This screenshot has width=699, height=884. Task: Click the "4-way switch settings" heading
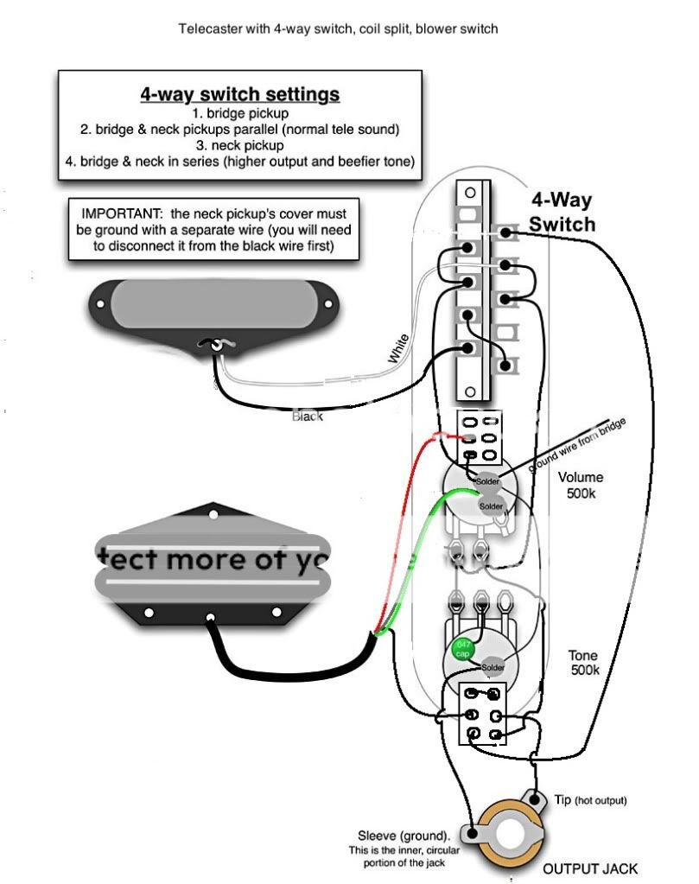[x=240, y=93]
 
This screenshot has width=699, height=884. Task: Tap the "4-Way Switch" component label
[x=562, y=213]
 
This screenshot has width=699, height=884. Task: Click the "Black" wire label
[x=308, y=417]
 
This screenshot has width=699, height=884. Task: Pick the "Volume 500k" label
[x=581, y=485]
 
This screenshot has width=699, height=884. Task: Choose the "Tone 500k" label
[x=583, y=663]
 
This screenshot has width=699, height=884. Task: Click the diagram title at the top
[x=338, y=29]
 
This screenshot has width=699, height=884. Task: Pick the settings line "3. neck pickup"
[x=240, y=146]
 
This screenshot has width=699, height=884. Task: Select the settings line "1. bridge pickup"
[x=240, y=113]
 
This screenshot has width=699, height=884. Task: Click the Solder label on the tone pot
[x=493, y=667]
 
